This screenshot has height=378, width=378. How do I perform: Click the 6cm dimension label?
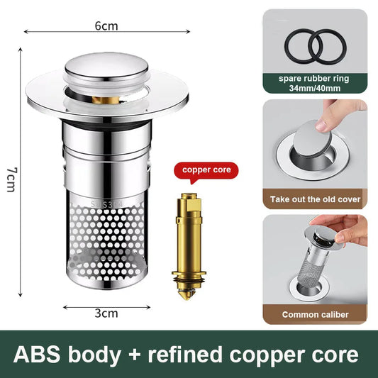[x=106, y=26]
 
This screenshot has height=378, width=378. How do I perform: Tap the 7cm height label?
[x=11, y=179]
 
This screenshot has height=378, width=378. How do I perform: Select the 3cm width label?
[x=106, y=313]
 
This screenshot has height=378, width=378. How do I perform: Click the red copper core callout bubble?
[x=206, y=172]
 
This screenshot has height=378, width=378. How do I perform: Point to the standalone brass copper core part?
[x=189, y=246]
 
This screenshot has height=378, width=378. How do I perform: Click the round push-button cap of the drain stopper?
[x=106, y=66]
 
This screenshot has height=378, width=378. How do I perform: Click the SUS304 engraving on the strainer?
[x=107, y=204]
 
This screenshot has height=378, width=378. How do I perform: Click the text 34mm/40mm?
[x=315, y=88]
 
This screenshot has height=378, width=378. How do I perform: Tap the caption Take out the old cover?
[x=315, y=199]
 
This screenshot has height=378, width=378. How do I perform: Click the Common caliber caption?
[x=315, y=315]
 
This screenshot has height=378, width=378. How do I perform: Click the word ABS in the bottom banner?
[x=37, y=355]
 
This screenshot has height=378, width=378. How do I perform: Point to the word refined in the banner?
[x=185, y=354]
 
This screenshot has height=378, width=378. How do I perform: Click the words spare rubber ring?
[x=314, y=79]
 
